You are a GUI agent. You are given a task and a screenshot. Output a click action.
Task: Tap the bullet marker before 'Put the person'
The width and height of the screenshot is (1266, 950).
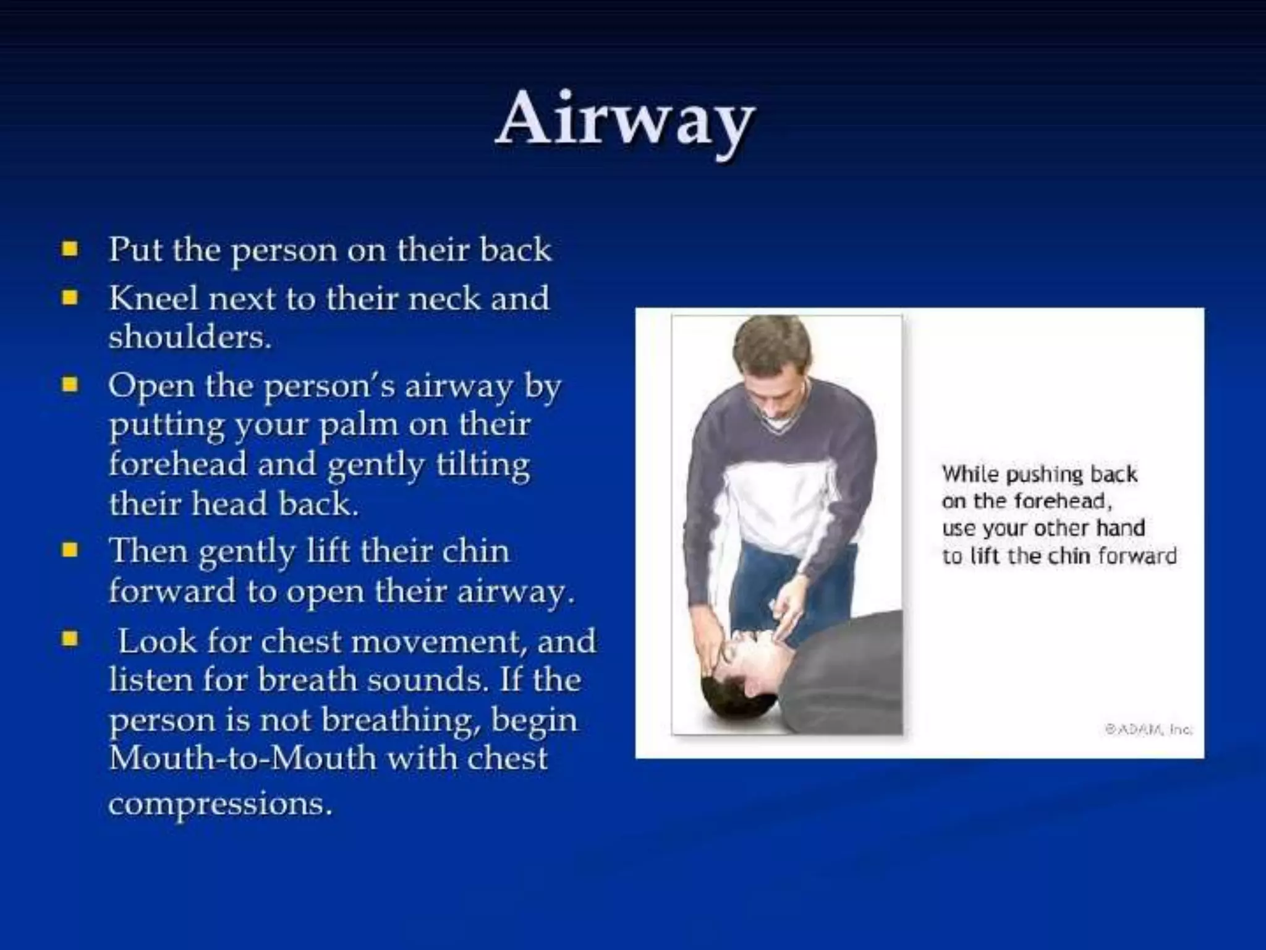[x=70, y=249]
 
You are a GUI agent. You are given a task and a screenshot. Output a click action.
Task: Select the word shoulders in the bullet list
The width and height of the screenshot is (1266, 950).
[x=190, y=337]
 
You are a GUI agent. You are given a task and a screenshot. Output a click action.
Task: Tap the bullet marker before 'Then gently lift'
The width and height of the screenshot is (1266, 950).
[x=70, y=550]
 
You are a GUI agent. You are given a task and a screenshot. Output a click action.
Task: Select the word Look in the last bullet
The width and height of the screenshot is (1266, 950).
[x=157, y=641]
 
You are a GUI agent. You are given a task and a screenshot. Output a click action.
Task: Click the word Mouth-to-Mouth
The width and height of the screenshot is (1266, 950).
[x=242, y=758]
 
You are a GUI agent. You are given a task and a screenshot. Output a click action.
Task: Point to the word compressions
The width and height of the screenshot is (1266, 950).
[x=220, y=803]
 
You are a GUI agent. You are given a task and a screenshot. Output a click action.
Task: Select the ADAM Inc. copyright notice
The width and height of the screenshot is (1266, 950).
[x=1149, y=730]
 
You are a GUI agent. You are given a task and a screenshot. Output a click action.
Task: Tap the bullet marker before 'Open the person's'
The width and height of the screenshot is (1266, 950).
[x=70, y=385]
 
